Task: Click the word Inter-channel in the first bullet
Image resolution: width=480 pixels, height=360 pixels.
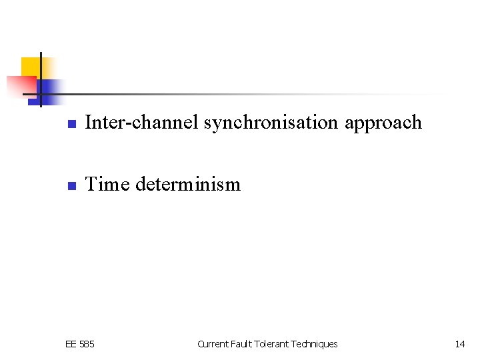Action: (x=142, y=123)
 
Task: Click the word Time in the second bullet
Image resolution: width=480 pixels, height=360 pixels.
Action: (x=108, y=184)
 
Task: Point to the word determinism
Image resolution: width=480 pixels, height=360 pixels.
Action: (x=187, y=184)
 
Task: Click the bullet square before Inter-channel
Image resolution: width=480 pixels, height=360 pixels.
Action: (x=71, y=124)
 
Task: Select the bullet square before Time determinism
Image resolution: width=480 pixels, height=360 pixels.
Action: (x=71, y=185)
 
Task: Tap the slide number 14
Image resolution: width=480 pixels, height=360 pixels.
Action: (x=459, y=344)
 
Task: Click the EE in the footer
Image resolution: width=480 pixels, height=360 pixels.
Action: (x=71, y=344)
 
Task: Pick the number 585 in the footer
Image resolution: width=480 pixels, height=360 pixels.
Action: (x=87, y=344)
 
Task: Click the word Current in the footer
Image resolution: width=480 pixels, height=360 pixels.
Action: (x=213, y=344)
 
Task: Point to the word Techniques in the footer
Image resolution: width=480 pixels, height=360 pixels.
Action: (x=314, y=344)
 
